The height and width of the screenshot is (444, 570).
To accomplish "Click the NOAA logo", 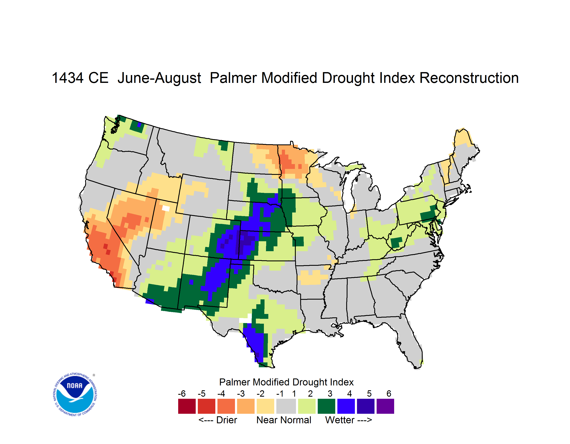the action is (75, 394).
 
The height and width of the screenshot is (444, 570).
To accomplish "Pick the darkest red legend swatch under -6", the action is (187, 406).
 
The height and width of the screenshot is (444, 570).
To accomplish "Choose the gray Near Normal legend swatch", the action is (286, 406).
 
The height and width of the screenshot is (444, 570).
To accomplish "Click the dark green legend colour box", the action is (326, 406).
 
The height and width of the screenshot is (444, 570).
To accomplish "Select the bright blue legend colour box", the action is (346, 406).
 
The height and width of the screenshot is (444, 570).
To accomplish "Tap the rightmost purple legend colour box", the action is (385, 406).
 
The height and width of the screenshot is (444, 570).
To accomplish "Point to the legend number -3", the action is (241, 393).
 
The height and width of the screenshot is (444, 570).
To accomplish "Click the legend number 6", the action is (389, 393).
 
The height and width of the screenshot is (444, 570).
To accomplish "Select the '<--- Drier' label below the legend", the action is (218, 420).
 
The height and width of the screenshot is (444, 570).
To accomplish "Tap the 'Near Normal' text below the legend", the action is (284, 420).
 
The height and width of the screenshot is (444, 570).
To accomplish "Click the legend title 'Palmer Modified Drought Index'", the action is (286, 382).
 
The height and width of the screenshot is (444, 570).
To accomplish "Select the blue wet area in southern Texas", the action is (254, 341).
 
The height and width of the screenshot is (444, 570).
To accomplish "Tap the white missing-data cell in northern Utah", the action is (166, 208).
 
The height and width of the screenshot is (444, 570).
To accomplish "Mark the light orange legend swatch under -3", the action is (246, 406).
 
